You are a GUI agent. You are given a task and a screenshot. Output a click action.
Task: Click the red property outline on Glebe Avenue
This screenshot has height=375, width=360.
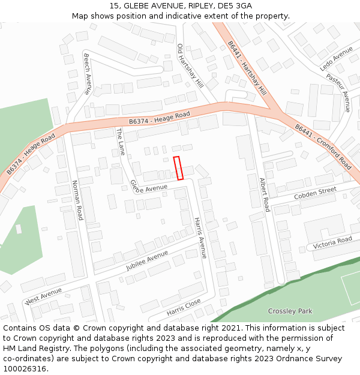click(178, 168)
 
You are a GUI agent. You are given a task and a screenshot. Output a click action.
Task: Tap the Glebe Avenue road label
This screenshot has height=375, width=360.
click(149, 187)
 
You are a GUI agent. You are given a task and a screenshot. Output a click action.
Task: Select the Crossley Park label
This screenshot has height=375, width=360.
click(290, 311)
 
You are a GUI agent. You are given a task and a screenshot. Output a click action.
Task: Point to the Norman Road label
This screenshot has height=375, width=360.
click(77, 200)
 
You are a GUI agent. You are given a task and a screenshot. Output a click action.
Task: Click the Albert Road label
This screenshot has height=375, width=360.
click(264, 194)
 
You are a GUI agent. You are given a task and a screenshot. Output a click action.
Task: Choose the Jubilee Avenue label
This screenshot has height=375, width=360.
click(148, 260)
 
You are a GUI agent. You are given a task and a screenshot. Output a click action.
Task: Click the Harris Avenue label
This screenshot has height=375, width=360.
click(200, 238)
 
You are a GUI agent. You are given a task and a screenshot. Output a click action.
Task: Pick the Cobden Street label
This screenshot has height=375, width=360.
click(315, 193)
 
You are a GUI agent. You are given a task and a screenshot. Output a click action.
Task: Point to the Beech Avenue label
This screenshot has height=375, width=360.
click(87, 74)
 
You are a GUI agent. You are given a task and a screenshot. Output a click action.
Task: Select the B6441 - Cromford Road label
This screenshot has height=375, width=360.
click(323, 146)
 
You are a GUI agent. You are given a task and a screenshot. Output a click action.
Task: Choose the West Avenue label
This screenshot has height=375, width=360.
click(44, 296)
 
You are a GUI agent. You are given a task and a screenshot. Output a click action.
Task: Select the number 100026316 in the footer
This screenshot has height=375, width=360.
click(25, 368)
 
